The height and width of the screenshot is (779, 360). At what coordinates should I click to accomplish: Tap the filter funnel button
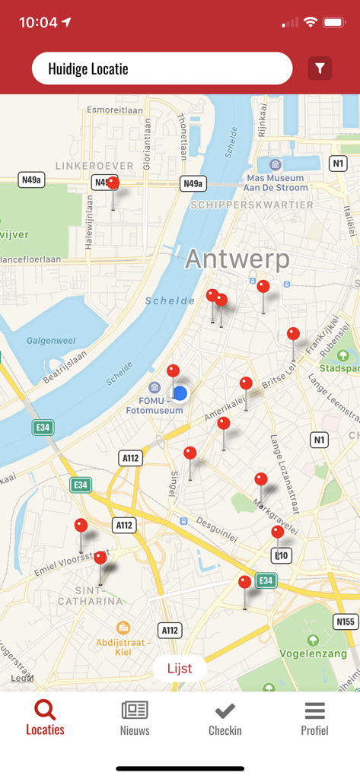tap(320, 68)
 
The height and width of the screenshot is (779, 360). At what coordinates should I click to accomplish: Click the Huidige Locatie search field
tap(161, 68)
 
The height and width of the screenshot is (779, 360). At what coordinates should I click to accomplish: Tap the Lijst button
tap(180, 669)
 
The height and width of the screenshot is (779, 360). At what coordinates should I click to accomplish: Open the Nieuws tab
tap(135, 718)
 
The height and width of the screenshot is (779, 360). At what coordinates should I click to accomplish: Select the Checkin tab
tap(225, 718)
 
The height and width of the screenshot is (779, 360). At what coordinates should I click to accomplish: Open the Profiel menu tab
tap(314, 718)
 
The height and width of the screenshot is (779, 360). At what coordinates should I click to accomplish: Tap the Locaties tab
tap(45, 718)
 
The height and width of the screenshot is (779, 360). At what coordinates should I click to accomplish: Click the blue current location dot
tap(180, 393)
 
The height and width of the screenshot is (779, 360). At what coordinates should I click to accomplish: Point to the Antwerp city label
tap(237, 259)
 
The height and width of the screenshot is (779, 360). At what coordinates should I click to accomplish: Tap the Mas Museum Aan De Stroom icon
tap(276, 165)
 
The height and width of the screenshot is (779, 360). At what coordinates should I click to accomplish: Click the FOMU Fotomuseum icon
tap(155, 388)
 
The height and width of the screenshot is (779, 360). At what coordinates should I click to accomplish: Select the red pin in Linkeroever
tap(113, 183)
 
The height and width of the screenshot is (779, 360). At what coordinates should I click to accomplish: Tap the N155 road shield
tap(346, 622)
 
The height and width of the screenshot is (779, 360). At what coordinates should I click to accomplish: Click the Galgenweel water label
tap(49, 340)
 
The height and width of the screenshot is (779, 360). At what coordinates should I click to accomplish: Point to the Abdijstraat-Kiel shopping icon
tap(123, 628)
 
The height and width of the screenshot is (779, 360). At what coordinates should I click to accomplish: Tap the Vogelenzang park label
tap(314, 653)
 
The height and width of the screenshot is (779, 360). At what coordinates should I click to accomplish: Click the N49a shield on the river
tap(193, 183)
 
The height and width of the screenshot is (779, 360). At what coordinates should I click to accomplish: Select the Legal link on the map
tap(22, 678)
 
